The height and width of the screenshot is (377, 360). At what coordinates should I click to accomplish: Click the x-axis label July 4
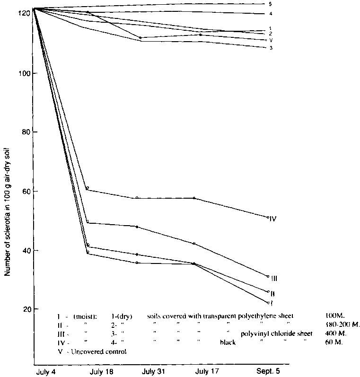pyautogui.click(x=45, y=371)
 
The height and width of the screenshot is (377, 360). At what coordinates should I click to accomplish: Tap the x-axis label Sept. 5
pyautogui.click(x=268, y=371)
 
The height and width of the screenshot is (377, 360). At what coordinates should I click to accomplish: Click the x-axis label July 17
pyautogui.click(x=210, y=371)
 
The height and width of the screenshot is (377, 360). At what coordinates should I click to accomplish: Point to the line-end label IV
pyautogui.click(x=273, y=219)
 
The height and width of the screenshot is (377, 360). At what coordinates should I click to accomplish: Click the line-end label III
pyautogui.click(x=274, y=278)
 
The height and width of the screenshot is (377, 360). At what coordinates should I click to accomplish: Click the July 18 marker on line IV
pyautogui.click(x=88, y=188)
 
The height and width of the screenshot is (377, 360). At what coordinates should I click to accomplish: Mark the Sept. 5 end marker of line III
pyautogui.click(x=268, y=276)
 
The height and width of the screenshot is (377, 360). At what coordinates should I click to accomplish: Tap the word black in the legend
pyautogui.click(x=228, y=342)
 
